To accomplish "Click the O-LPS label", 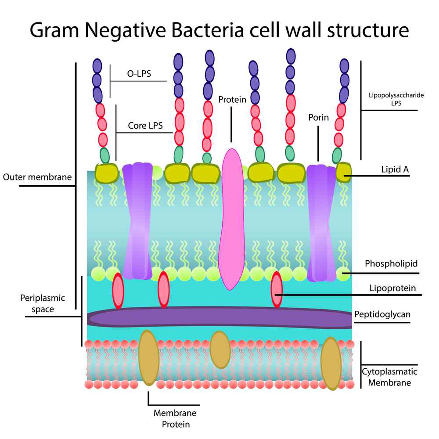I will [139, 74].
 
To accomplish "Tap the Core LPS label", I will [145, 126].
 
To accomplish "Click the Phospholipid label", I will [391, 264].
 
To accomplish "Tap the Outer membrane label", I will [37, 177].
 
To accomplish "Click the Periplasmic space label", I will [43, 303].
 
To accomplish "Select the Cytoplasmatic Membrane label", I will [389, 377].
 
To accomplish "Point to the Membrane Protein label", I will [175, 418].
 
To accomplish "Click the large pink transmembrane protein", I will [231, 219].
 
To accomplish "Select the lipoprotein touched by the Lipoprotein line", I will [277, 289].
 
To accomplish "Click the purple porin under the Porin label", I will [321, 224].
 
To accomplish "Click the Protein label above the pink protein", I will [232, 100].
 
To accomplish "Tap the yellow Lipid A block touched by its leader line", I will [343, 172].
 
